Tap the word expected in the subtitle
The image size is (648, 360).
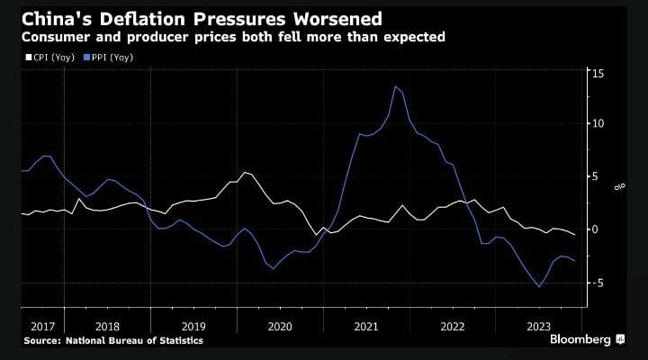(x=410, y=38)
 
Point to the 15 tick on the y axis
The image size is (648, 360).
(x=598, y=71)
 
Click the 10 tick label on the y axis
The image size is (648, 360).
(x=598, y=123)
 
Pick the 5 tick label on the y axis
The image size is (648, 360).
(x=595, y=176)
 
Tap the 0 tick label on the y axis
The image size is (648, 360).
(x=595, y=229)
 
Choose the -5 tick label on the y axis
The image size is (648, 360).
(x=597, y=283)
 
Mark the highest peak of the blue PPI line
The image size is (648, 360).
(x=395, y=85)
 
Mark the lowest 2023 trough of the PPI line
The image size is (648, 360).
(x=539, y=287)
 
